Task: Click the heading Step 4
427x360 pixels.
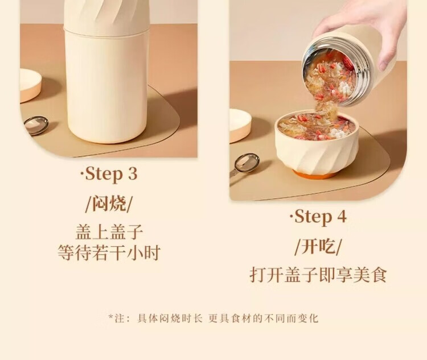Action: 318,217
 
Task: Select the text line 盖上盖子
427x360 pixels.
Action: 109,232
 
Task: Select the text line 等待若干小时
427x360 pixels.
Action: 109,253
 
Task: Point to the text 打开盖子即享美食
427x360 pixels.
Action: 318,275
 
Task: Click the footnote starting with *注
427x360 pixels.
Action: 213,318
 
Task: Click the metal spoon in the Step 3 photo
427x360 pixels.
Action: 36,126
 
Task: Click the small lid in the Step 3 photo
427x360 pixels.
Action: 30,85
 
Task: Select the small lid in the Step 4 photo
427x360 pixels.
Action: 240,126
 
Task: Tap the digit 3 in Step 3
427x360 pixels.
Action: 132,174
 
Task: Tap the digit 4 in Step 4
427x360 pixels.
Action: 342,217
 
